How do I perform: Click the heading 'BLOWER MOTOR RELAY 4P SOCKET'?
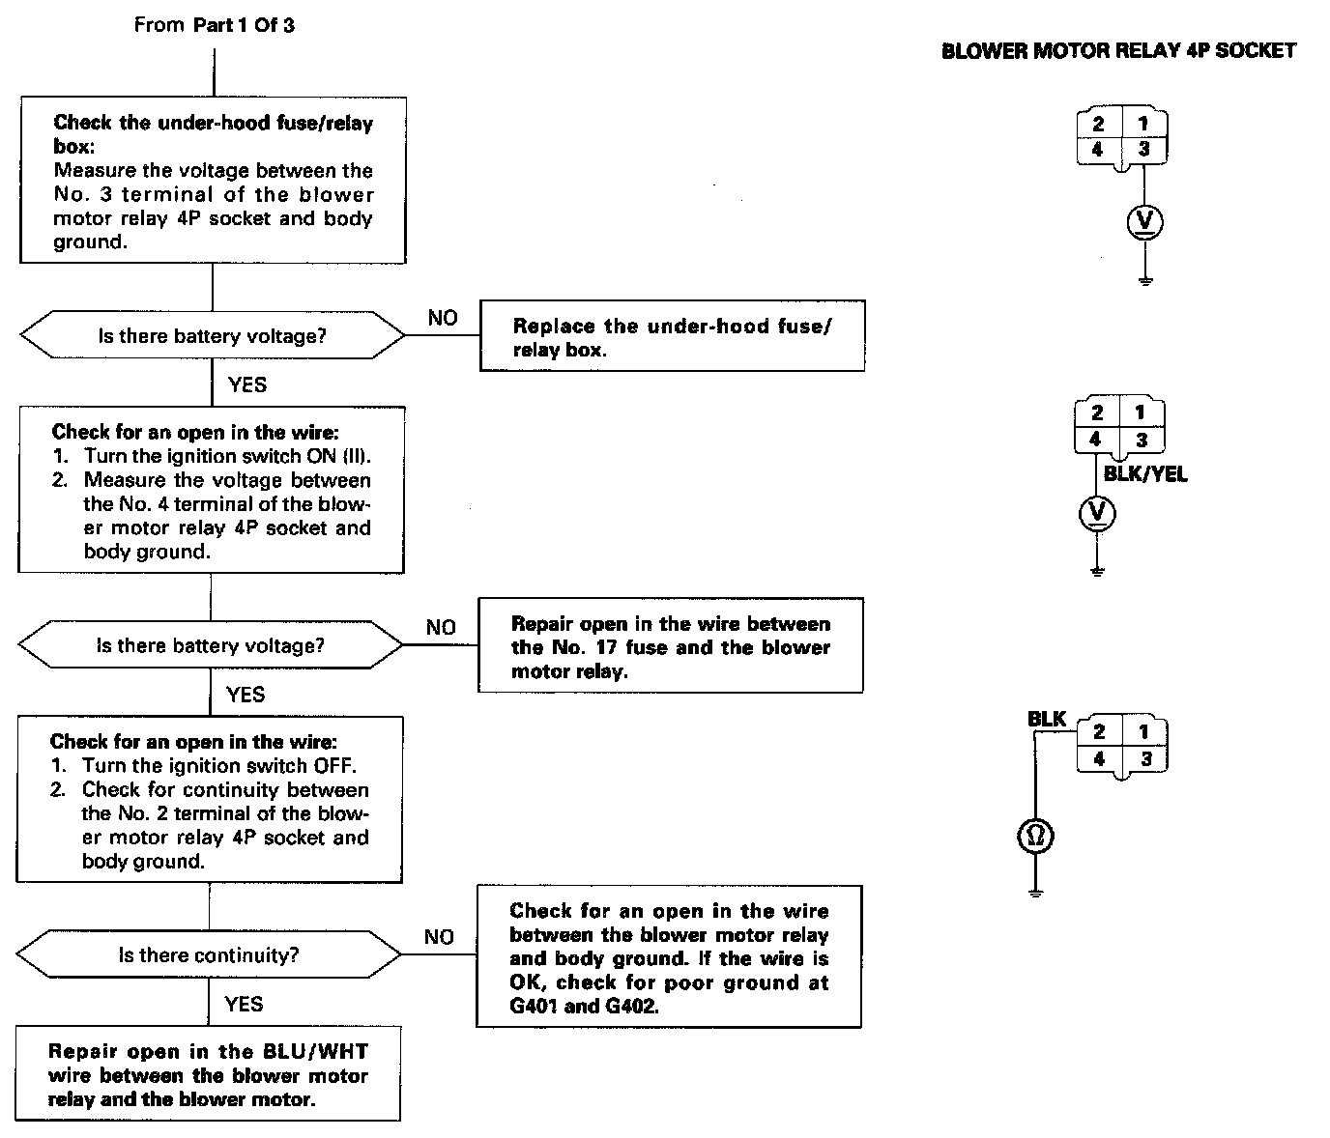coord(1118,51)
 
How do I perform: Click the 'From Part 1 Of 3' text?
coord(214,25)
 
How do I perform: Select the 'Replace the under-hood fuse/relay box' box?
coord(672,336)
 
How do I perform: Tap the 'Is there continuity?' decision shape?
coord(209,955)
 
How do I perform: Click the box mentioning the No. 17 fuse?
coord(670,646)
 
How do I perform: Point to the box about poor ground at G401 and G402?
coord(668,956)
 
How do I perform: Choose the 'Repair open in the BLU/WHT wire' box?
coord(208,1074)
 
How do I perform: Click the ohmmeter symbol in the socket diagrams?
coord(1035,836)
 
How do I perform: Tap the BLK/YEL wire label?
coord(1145,474)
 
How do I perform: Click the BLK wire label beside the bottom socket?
coord(1046,719)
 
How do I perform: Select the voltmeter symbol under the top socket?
coord(1145,223)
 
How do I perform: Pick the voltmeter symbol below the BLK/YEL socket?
coord(1096,513)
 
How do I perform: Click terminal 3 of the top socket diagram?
coord(1144,150)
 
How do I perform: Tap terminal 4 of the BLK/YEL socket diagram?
coord(1095,440)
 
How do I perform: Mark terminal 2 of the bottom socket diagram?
coord(1099,732)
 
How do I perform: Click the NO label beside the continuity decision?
coord(439,937)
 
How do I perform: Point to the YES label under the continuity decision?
coord(244,1004)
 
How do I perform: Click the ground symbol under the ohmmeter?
coord(1035,892)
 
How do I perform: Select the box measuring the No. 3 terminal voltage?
coord(213,181)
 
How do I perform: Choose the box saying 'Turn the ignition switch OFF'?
coord(209,800)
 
